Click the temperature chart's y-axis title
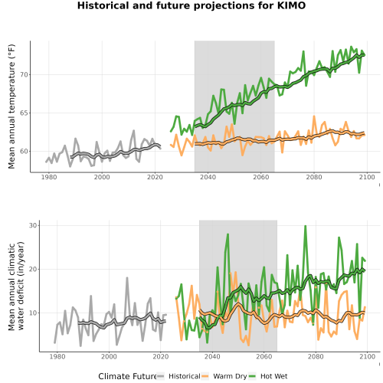point(11,106)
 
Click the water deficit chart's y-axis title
point(16,286)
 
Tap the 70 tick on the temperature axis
point(24,75)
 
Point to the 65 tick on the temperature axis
point(24,113)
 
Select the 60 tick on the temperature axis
point(24,151)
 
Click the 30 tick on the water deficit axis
point(33,225)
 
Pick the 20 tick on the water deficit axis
point(33,269)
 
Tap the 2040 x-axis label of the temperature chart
point(208,177)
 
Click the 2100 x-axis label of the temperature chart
point(367,177)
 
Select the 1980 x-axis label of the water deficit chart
point(57,356)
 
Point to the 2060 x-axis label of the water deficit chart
point(264,356)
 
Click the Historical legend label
point(185,376)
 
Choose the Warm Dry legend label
point(230,376)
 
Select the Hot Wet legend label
point(274,376)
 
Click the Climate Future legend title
point(127,376)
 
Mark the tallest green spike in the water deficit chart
point(305,226)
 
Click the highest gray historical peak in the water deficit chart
point(127,278)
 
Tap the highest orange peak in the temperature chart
point(314,116)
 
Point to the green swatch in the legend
point(252,376)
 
